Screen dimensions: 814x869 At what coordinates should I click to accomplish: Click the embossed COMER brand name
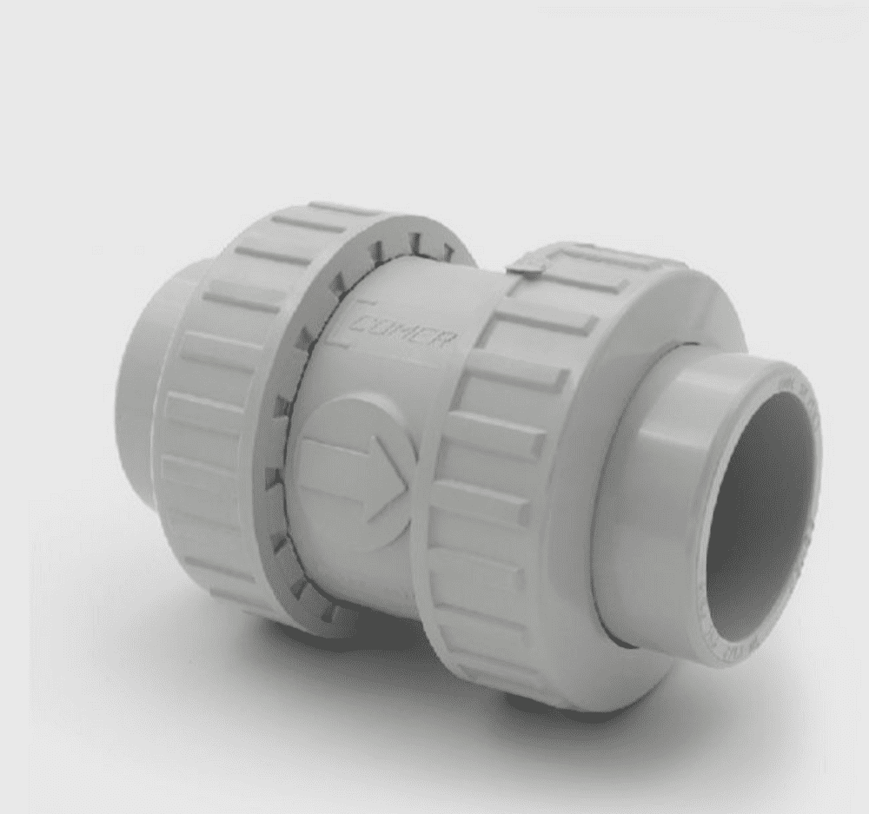[408, 330]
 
